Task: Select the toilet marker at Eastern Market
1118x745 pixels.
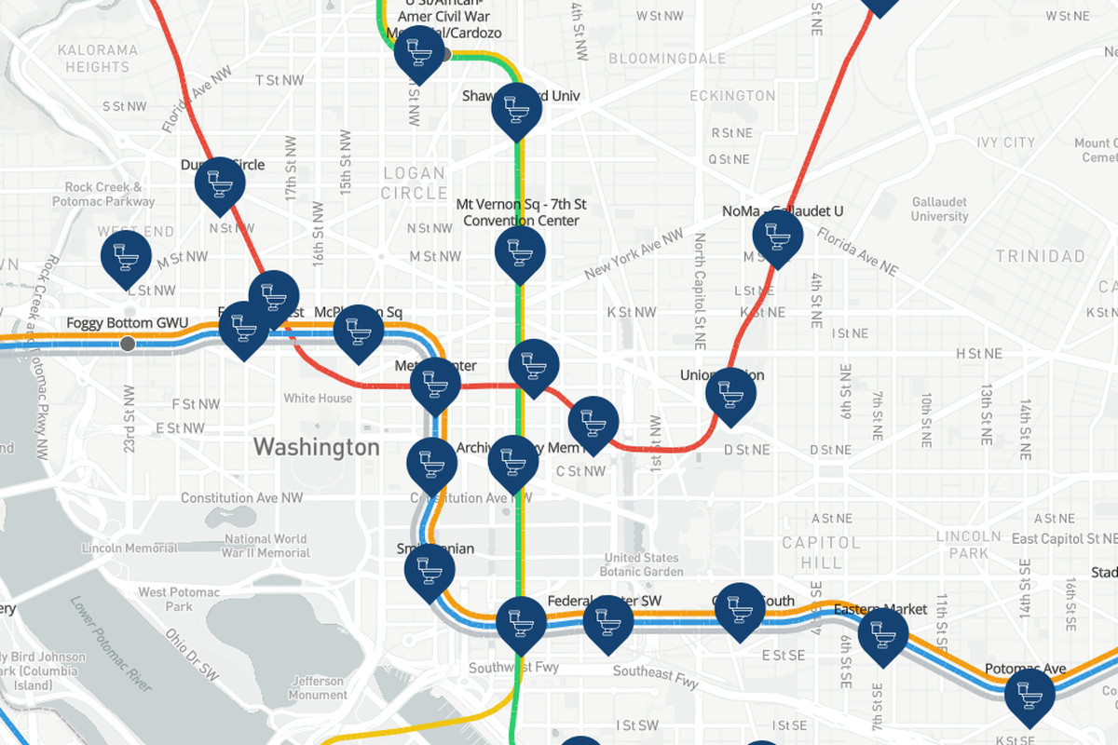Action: (x=882, y=633)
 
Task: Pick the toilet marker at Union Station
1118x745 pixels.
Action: (x=730, y=393)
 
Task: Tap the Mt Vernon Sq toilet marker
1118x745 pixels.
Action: (x=520, y=251)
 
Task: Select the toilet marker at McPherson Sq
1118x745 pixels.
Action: (x=359, y=330)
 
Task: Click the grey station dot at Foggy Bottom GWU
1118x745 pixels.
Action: (x=128, y=344)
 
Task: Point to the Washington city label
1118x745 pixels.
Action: (x=317, y=447)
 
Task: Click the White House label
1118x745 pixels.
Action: (x=318, y=399)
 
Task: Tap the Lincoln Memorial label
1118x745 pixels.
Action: (x=130, y=549)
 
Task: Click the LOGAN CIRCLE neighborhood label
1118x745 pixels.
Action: (x=415, y=183)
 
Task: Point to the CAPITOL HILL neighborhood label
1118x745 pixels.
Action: (x=821, y=551)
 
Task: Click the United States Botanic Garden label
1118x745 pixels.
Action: (x=642, y=564)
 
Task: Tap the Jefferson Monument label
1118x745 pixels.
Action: (x=318, y=688)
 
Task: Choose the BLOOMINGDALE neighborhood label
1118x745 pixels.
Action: (x=666, y=59)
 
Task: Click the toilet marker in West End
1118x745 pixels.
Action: (x=126, y=255)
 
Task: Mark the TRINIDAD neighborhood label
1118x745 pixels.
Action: (x=1040, y=256)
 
